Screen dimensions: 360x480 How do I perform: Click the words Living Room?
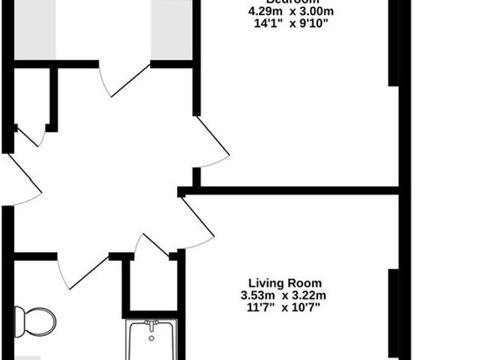285,283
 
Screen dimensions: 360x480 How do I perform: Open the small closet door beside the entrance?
30,136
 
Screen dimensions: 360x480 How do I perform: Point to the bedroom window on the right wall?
393,45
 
